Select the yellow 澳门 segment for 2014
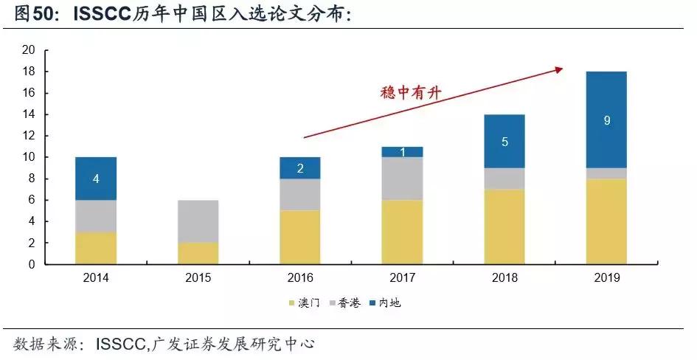click(x=96, y=248)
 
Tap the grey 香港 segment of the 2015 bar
click(x=198, y=221)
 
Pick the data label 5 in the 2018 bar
click(x=504, y=141)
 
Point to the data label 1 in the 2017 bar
click(x=402, y=152)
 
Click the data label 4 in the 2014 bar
click(x=96, y=179)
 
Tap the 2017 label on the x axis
click(x=402, y=278)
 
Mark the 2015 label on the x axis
click(x=198, y=278)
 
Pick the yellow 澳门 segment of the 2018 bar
click(x=504, y=226)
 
